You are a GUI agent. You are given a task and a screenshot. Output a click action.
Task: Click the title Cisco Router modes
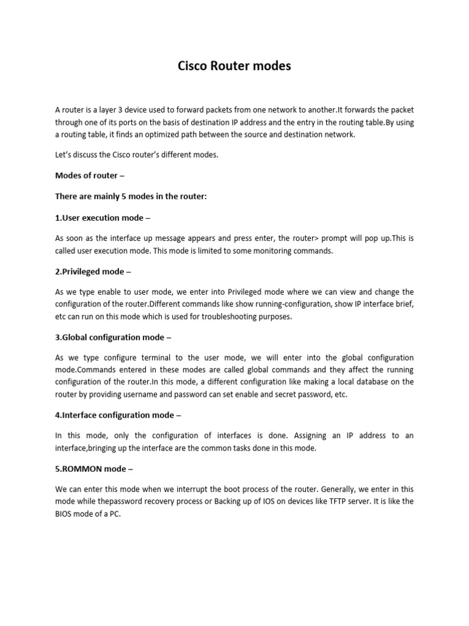pos(234,65)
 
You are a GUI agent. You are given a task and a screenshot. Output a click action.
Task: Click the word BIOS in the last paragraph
pos(65,514)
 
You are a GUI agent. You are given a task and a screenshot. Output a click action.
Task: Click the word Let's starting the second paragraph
pos(65,155)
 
